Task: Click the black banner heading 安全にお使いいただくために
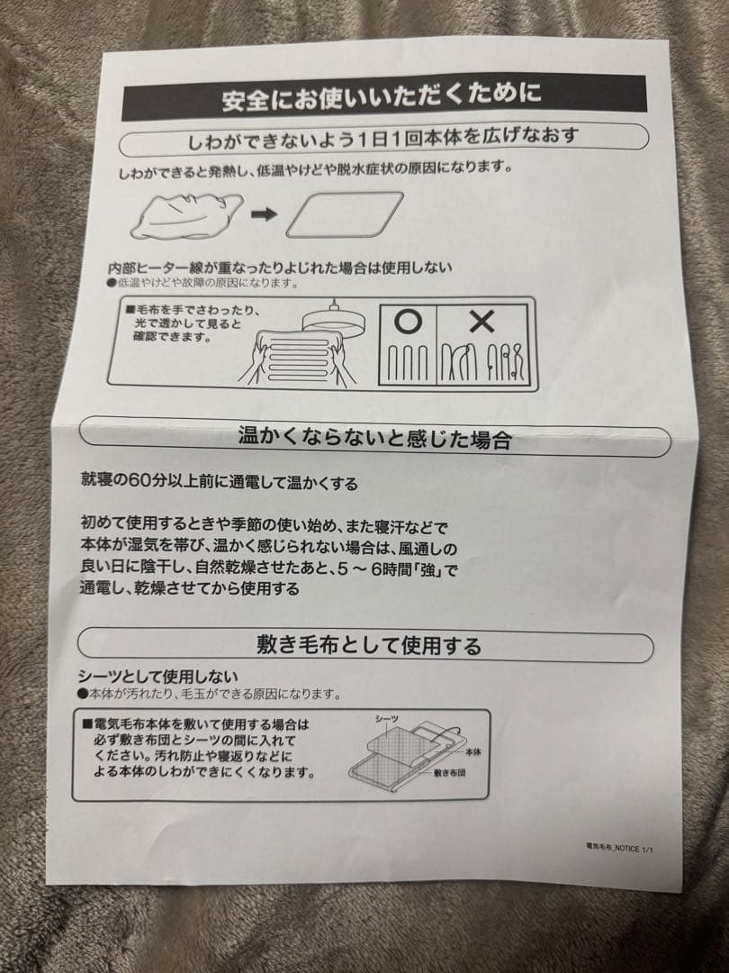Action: pyautogui.click(x=382, y=95)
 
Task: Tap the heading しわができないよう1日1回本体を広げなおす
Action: pyautogui.click(x=382, y=137)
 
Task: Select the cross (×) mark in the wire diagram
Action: pyautogui.click(x=482, y=322)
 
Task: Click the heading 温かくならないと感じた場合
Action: pyautogui.click(x=373, y=440)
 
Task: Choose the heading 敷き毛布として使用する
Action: pyautogui.click(x=368, y=645)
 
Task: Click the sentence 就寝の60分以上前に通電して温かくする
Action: pyautogui.click(x=219, y=484)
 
